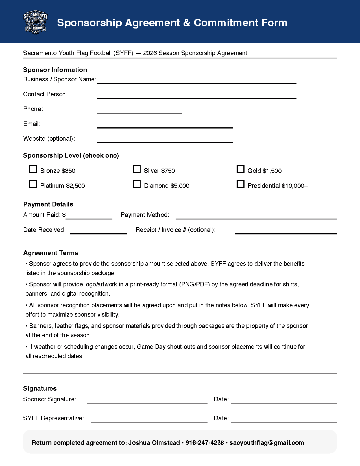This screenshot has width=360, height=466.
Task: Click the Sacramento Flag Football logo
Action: pyautogui.click(x=35, y=23)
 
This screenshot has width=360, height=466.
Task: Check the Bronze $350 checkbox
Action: pyautogui.click(x=33, y=169)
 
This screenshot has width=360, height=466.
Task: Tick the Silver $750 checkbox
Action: pyautogui.click(x=137, y=169)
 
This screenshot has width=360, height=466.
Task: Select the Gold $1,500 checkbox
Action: pyautogui.click(x=240, y=169)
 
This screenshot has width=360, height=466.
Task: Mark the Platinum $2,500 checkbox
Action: pyautogui.click(x=33, y=184)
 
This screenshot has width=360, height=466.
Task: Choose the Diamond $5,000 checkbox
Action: pyautogui.click(x=137, y=184)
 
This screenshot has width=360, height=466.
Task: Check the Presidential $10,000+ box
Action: pyautogui.click(x=240, y=184)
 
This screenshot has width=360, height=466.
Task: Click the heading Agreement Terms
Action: pyautogui.click(x=51, y=253)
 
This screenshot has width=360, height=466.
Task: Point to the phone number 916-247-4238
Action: pyautogui.click(x=205, y=443)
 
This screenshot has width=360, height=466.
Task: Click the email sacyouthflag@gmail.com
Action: pyautogui.click(x=267, y=443)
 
